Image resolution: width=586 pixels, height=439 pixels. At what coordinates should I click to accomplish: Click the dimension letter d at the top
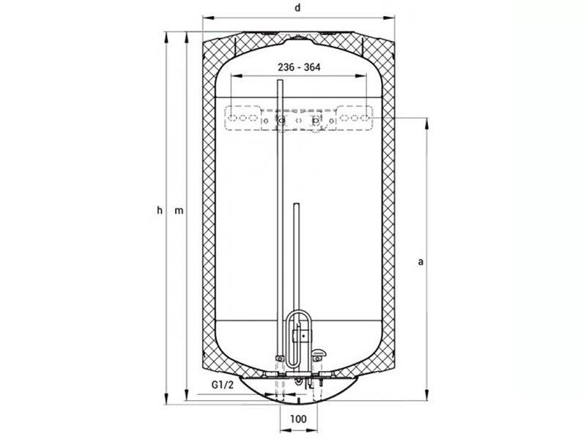(297, 7)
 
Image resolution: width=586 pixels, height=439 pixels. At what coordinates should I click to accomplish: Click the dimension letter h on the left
(160, 210)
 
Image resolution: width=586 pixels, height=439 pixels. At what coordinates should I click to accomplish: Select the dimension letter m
(179, 211)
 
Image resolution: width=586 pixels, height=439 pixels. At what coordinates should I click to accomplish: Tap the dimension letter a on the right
(420, 262)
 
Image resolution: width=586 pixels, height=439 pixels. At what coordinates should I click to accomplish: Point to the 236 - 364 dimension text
(299, 67)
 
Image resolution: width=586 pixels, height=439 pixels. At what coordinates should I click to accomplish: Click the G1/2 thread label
(223, 385)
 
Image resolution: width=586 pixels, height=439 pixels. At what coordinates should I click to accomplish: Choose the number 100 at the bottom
(298, 419)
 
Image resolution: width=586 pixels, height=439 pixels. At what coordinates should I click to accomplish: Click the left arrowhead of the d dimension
(207, 18)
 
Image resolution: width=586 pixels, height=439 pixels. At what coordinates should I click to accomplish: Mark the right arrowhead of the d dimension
(389, 18)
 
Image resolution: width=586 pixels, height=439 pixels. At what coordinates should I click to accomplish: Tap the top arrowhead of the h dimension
(167, 37)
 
